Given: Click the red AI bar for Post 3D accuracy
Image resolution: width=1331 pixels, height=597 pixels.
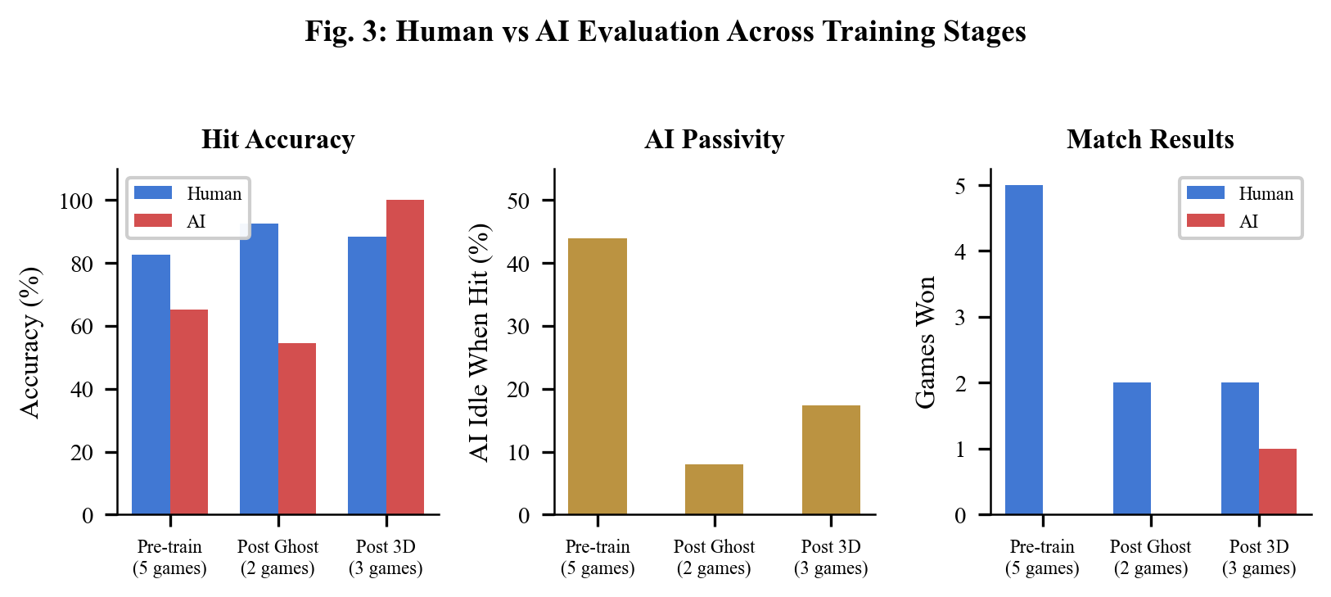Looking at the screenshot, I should [x=404, y=357].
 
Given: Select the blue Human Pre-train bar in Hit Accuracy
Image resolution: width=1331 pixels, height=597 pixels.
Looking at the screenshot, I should [x=151, y=385].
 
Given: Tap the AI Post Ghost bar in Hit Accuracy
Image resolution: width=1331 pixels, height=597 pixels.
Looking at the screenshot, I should [x=296, y=428].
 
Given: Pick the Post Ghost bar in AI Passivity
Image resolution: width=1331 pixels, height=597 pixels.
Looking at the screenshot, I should [x=714, y=489].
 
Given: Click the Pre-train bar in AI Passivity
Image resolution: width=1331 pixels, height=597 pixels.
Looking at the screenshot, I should [x=597, y=377].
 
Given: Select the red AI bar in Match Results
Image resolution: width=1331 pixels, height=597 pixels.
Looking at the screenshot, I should [x=1277, y=482].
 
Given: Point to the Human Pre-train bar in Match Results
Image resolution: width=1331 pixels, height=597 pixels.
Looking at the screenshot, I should [x=1023, y=351].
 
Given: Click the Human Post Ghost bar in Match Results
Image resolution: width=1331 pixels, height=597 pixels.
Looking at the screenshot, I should [x=1131, y=449].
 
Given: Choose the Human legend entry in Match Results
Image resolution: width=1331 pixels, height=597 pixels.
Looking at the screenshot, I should [x=1240, y=193].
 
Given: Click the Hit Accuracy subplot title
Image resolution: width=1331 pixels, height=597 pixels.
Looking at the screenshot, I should [x=277, y=139].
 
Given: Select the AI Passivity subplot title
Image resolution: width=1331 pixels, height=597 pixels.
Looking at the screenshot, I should [x=714, y=139].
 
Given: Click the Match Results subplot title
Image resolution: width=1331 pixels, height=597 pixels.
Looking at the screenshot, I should [x=1149, y=139].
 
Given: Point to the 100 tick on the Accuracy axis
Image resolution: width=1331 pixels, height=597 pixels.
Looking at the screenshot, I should [x=76, y=201].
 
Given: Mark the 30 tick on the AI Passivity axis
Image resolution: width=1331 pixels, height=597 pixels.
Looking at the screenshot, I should [x=519, y=326].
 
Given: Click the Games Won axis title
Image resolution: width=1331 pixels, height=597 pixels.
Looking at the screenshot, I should [x=925, y=342].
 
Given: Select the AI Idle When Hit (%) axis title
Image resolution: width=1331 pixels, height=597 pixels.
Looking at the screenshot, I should [x=480, y=342].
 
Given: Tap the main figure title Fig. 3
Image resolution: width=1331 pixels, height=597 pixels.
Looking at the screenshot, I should [x=665, y=32].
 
